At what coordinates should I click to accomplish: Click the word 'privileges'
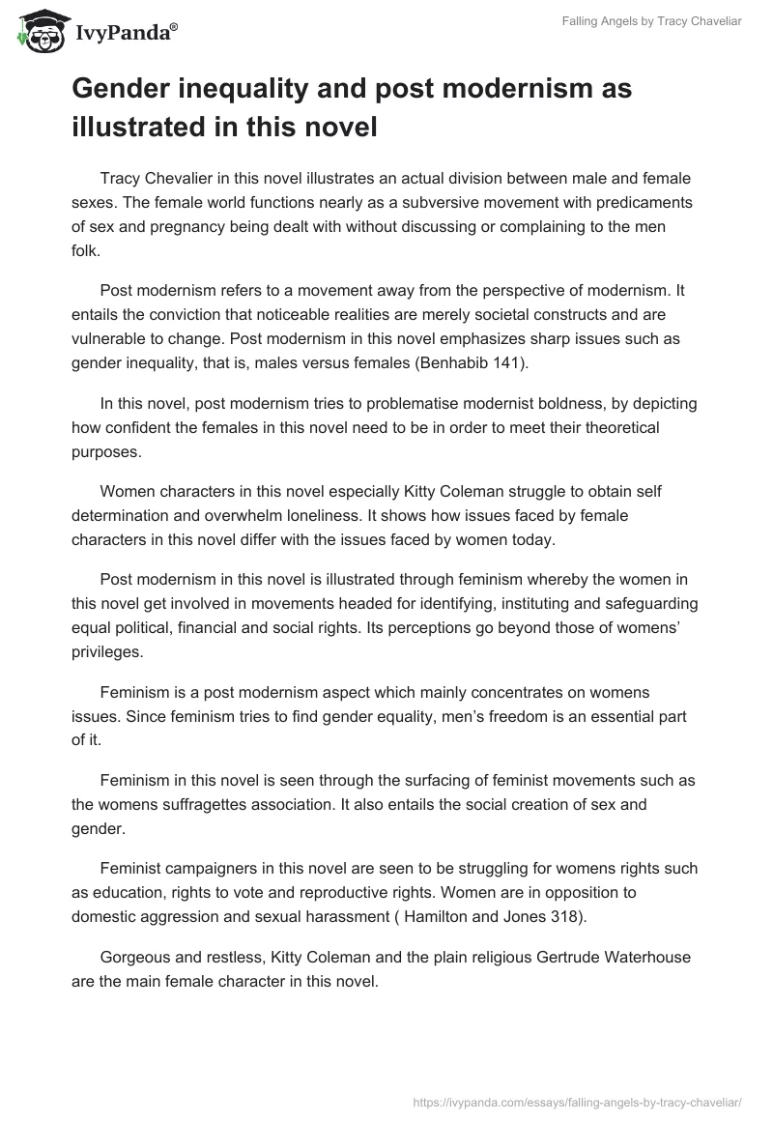click(x=106, y=652)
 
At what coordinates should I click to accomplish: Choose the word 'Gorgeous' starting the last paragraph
click(x=135, y=958)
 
